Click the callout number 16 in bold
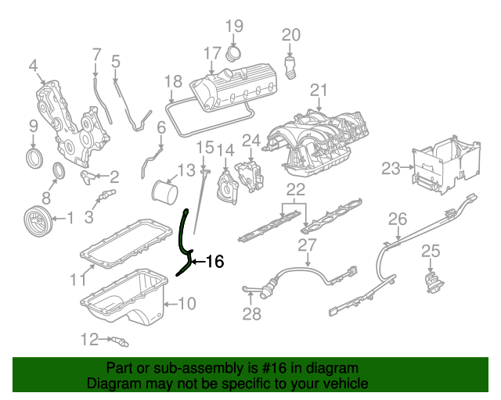pos(214,262)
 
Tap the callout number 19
pos(235,28)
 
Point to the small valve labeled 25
pos(430,280)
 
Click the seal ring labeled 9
pos(34,160)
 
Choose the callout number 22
pos(295,189)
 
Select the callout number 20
pos(291,35)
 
